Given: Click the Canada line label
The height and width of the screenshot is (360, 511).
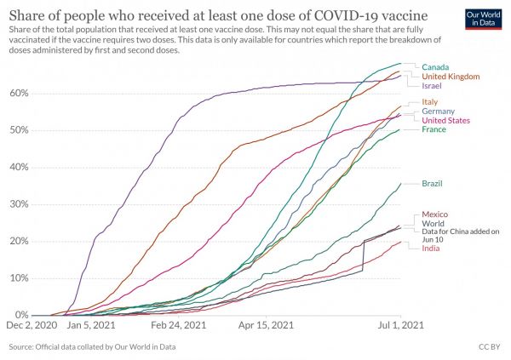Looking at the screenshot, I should (435, 67).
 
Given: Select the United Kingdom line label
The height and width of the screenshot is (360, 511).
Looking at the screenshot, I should (451, 77).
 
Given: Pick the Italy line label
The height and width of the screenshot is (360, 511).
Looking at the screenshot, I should (430, 102).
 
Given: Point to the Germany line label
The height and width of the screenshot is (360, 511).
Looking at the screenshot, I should (438, 111).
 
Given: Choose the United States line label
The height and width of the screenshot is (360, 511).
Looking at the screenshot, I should (448, 120).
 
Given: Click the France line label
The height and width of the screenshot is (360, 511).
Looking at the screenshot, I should (433, 129).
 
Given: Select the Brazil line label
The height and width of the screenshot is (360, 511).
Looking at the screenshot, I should (433, 184).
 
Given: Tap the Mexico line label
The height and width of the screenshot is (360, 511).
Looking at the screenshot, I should (435, 214).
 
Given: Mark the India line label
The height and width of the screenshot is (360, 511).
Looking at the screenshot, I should (430, 248).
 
